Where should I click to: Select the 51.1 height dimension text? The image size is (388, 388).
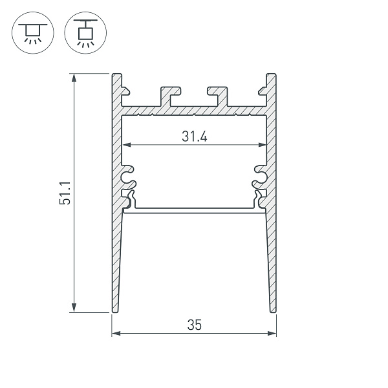(65, 193)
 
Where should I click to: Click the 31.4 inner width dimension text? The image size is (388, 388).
(194, 136)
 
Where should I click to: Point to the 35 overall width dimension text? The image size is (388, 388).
(194, 325)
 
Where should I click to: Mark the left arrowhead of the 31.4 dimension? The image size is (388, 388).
(126, 144)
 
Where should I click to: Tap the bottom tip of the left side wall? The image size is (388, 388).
(114, 310)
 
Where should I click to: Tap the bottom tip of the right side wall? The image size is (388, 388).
(274, 310)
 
